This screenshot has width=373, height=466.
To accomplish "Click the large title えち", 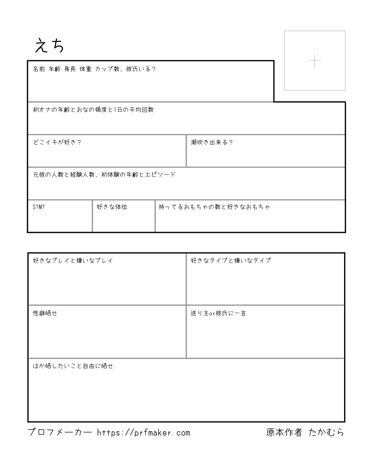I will pos(49,46).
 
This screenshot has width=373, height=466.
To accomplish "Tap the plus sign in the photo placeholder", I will pos(315,61).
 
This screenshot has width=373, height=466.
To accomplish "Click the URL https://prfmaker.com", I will pos(143,432).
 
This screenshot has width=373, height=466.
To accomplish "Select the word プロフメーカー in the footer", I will pos(60,432).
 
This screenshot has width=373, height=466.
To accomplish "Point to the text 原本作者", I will pos(284,432).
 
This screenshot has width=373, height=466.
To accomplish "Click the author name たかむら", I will pos(326,432).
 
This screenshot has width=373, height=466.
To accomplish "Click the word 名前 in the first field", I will pos(39,69).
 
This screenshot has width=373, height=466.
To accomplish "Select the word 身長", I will pos(70,69).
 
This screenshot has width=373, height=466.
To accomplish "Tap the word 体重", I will pos(85,69).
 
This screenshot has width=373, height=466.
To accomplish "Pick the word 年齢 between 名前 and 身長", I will pos(54,69).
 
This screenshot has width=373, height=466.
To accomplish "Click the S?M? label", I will pos(39,207).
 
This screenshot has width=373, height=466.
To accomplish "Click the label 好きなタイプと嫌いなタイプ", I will pos(231,261).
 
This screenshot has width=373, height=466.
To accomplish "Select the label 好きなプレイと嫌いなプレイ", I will pos(73,261).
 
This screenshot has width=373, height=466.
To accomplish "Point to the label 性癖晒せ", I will pos(45,313).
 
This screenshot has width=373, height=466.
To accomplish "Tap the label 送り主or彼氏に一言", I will pos(218,313).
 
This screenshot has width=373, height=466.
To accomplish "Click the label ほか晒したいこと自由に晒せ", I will pos(73,366).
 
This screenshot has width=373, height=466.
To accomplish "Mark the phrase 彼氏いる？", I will pos(141,69).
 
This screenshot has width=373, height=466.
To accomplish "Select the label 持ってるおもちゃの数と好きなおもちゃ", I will pos(214,207).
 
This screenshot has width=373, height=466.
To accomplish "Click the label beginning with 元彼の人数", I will pos(104,175).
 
